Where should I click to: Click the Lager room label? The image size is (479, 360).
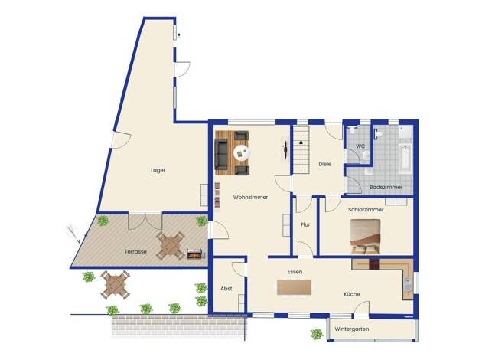click(x=158, y=170)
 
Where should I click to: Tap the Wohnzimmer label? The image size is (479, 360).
click(x=250, y=198)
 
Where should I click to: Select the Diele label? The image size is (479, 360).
click(x=324, y=164)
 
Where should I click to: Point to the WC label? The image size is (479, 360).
click(x=360, y=146)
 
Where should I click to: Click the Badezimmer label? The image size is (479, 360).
click(x=386, y=187)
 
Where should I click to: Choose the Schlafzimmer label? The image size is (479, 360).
click(x=366, y=210)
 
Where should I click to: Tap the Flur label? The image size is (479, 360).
click(x=305, y=224)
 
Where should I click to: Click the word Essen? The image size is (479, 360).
click(x=295, y=272)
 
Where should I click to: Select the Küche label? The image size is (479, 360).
click(x=352, y=294)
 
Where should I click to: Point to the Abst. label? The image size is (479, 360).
click(x=226, y=289)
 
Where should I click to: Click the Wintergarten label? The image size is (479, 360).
click(x=352, y=329)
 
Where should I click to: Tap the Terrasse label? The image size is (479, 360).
click(x=135, y=251)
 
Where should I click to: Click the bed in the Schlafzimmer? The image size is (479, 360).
click(x=365, y=237)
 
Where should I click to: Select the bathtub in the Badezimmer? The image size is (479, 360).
click(x=406, y=159)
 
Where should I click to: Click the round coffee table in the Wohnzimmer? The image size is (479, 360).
click(x=241, y=152)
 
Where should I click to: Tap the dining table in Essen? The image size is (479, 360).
click(x=294, y=287)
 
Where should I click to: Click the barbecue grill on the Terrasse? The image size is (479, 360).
click(x=195, y=254)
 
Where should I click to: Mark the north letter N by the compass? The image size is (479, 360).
click(x=78, y=241)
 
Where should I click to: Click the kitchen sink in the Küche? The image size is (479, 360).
click(x=407, y=284)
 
